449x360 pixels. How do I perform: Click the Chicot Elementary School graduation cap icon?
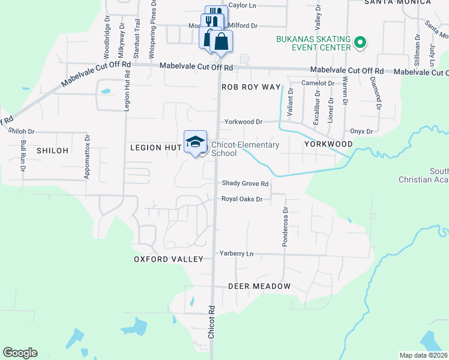point(195,142)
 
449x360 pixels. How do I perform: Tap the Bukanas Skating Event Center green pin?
point(360,43)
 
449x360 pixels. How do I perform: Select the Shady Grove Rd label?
point(245,184)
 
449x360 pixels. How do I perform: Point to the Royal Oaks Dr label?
point(243,199)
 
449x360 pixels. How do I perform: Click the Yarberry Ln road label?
point(237,254)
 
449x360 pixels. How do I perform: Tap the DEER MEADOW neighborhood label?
point(259,287)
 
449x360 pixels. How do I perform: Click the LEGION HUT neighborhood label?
point(155,148)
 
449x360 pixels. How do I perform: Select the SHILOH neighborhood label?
point(51,150)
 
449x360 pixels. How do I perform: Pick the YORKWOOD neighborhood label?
point(328,145)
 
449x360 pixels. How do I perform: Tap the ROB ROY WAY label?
point(251,87)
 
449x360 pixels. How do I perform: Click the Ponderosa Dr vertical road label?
point(286,227)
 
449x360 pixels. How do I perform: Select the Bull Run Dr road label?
point(23,155)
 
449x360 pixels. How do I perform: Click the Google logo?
point(20,353)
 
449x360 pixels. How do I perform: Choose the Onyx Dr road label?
point(362,131)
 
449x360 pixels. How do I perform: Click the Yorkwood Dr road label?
point(244,121)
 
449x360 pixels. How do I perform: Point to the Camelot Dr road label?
point(318,83)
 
